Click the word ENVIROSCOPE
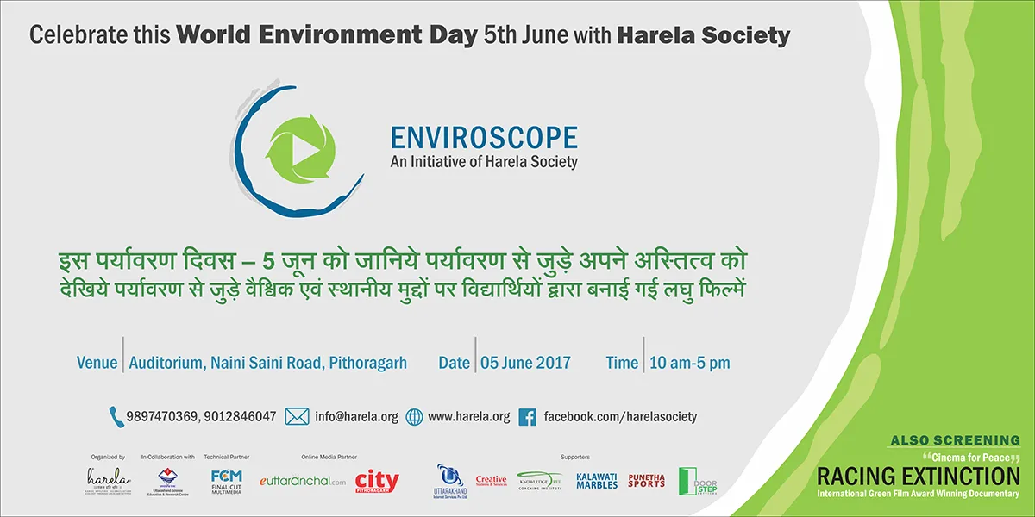pyautogui.click(x=484, y=138)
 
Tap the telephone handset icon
pyautogui.click(x=116, y=416)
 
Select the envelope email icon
pyautogui.click(x=297, y=416)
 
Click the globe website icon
pyautogui.click(x=414, y=416)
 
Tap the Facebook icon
pyautogui.click(x=529, y=416)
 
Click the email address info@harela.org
pyautogui.click(x=356, y=416)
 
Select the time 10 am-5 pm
pyautogui.click(x=689, y=363)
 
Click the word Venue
pyautogui.click(x=97, y=363)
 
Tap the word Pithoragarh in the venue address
pyautogui.click(x=367, y=363)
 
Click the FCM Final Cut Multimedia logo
pyautogui.click(x=227, y=480)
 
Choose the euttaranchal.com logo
pyautogui.click(x=302, y=481)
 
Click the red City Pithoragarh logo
pyautogui.click(x=377, y=480)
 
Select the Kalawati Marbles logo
pyautogui.click(x=597, y=481)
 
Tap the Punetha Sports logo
pyautogui.click(x=647, y=480)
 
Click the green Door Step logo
pyautogui.click(x=692, y=481)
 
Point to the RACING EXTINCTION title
pyautogui.click(x=918, y=475)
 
